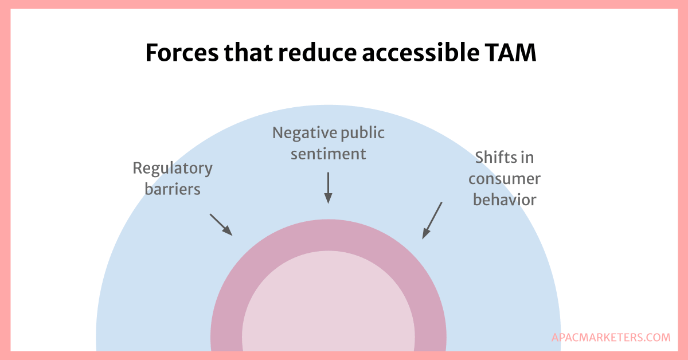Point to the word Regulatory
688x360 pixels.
click(173, 169)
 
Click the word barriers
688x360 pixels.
click(173, 189)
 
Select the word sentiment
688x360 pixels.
click(328, 154)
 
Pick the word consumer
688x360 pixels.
click(504, 178)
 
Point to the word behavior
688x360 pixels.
click(504, 199)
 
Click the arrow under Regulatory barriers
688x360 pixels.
click(221, 225)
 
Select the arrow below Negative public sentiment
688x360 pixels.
click(328, 188)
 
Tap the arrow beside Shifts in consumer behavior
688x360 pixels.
click(432, 220)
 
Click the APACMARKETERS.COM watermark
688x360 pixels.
click(611, 338)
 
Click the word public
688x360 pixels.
click(356, 133)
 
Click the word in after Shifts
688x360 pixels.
click(528, 157)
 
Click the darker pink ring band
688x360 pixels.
click(328, 235)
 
